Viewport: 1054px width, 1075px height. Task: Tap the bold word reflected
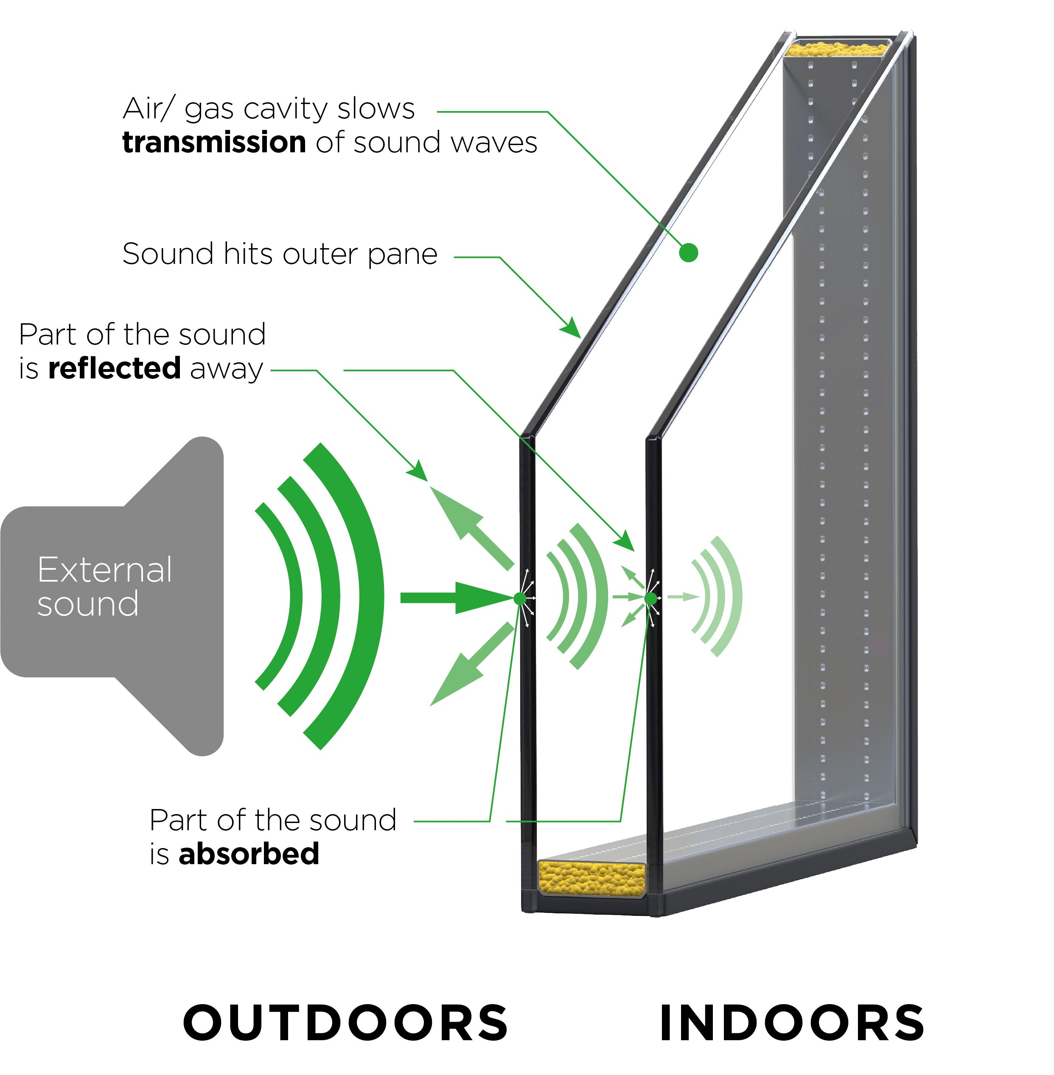(x=115, y=368)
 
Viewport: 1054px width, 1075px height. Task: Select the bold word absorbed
(x=249, y=853)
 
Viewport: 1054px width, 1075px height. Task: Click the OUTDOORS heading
(x=345, y=1022)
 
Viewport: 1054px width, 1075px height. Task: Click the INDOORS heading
(x=792, y=1022)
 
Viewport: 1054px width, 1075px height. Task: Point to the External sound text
(x=104, y=586)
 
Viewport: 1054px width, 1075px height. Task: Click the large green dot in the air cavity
(x=688, y=253)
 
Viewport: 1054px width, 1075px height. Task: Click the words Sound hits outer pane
(x=280, y=254)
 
